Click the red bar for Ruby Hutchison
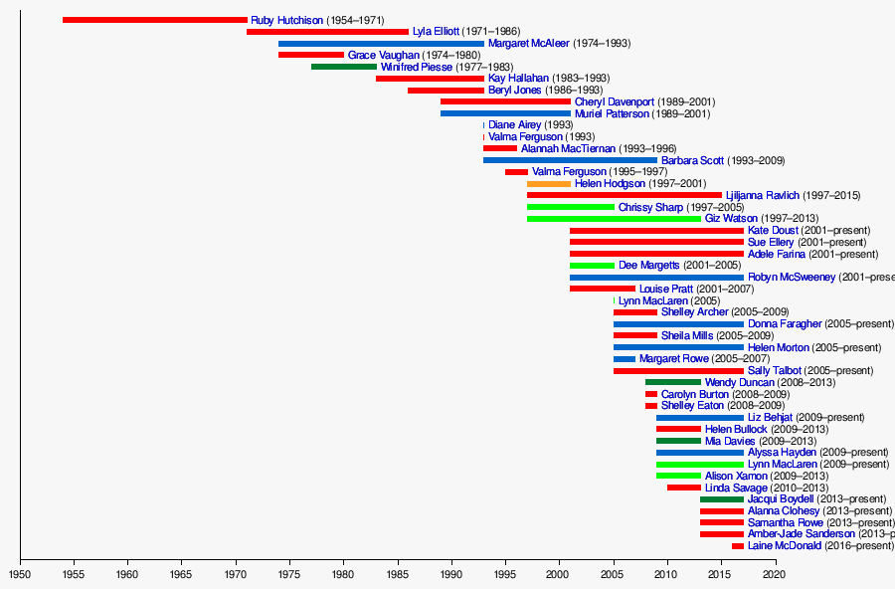point(154,20)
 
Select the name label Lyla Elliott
point(436,32)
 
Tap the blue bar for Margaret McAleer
point(381,44)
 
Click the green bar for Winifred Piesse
point(343,67)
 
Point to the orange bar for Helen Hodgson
point(548,184)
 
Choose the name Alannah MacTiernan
point(568,148)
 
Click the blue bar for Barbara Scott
point(570,160)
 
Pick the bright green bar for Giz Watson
point(614,219)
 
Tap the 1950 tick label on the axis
point(20,574)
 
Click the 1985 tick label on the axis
point(398,574)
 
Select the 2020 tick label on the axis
point(775,574)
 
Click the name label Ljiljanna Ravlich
point(764,195)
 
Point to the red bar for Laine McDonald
point(737,546)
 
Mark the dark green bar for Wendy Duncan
point(672,382)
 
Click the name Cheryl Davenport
point(615,101)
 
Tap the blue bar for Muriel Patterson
point(505,113)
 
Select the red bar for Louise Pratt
point(602,289)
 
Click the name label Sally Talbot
point(774,370)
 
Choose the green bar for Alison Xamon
point(678,476)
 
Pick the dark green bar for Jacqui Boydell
point(721,499)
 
